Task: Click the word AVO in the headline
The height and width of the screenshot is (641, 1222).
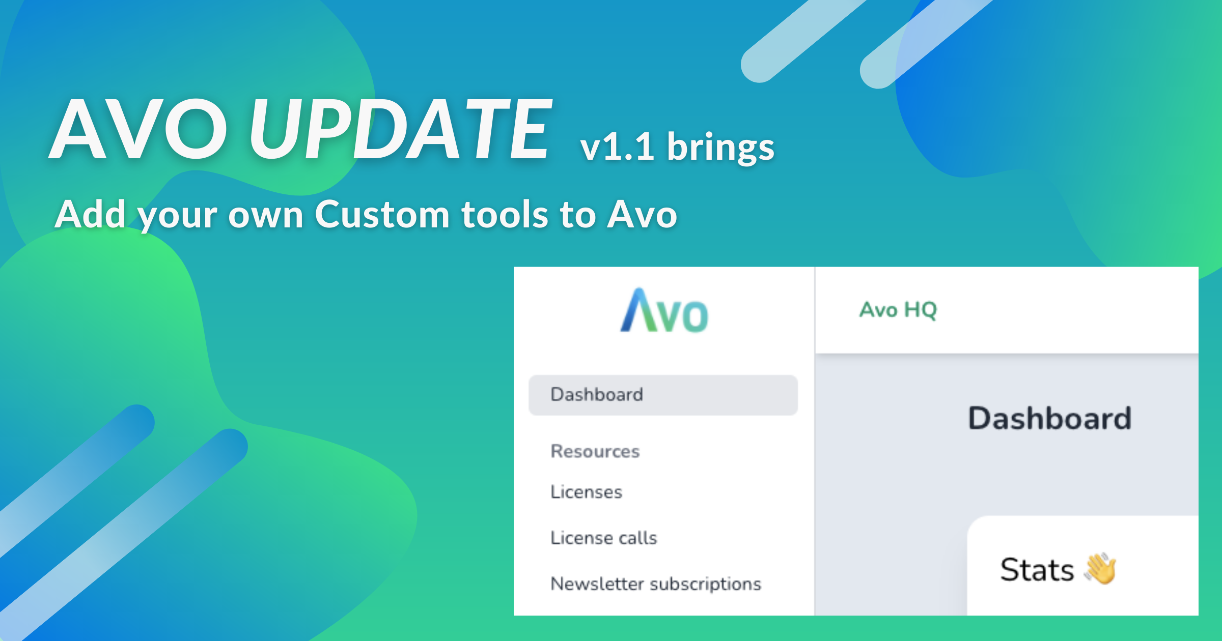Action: click(x=138, y=129)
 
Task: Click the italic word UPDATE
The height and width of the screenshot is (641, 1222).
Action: click(x=400, y=129)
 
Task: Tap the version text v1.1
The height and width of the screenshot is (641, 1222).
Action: click(x=617, y=147)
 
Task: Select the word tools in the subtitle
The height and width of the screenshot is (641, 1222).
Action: click(x=505, y=215)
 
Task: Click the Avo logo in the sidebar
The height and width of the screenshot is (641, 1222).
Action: click(x=664, y=310)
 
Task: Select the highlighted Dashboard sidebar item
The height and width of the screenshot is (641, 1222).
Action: click(x=663, y=395)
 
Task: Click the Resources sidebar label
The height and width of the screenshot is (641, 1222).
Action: click(x=595, y=451)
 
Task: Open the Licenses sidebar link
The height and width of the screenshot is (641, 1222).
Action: click(x=586, y=492)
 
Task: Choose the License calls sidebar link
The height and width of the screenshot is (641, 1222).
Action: click(x=604, y=538)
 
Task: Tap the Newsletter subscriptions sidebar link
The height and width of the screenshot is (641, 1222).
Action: click(x=656, y=584)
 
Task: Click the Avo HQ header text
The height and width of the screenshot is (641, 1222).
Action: click(x=898, y=310)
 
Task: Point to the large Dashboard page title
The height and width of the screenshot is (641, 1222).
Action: click(x=1050, y=419)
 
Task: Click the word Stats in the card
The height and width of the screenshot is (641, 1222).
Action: click(x=1037, y=570)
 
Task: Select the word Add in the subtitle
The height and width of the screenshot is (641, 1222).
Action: click(x=90, y=214)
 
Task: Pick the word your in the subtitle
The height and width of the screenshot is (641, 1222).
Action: click(x=178, y=218)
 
